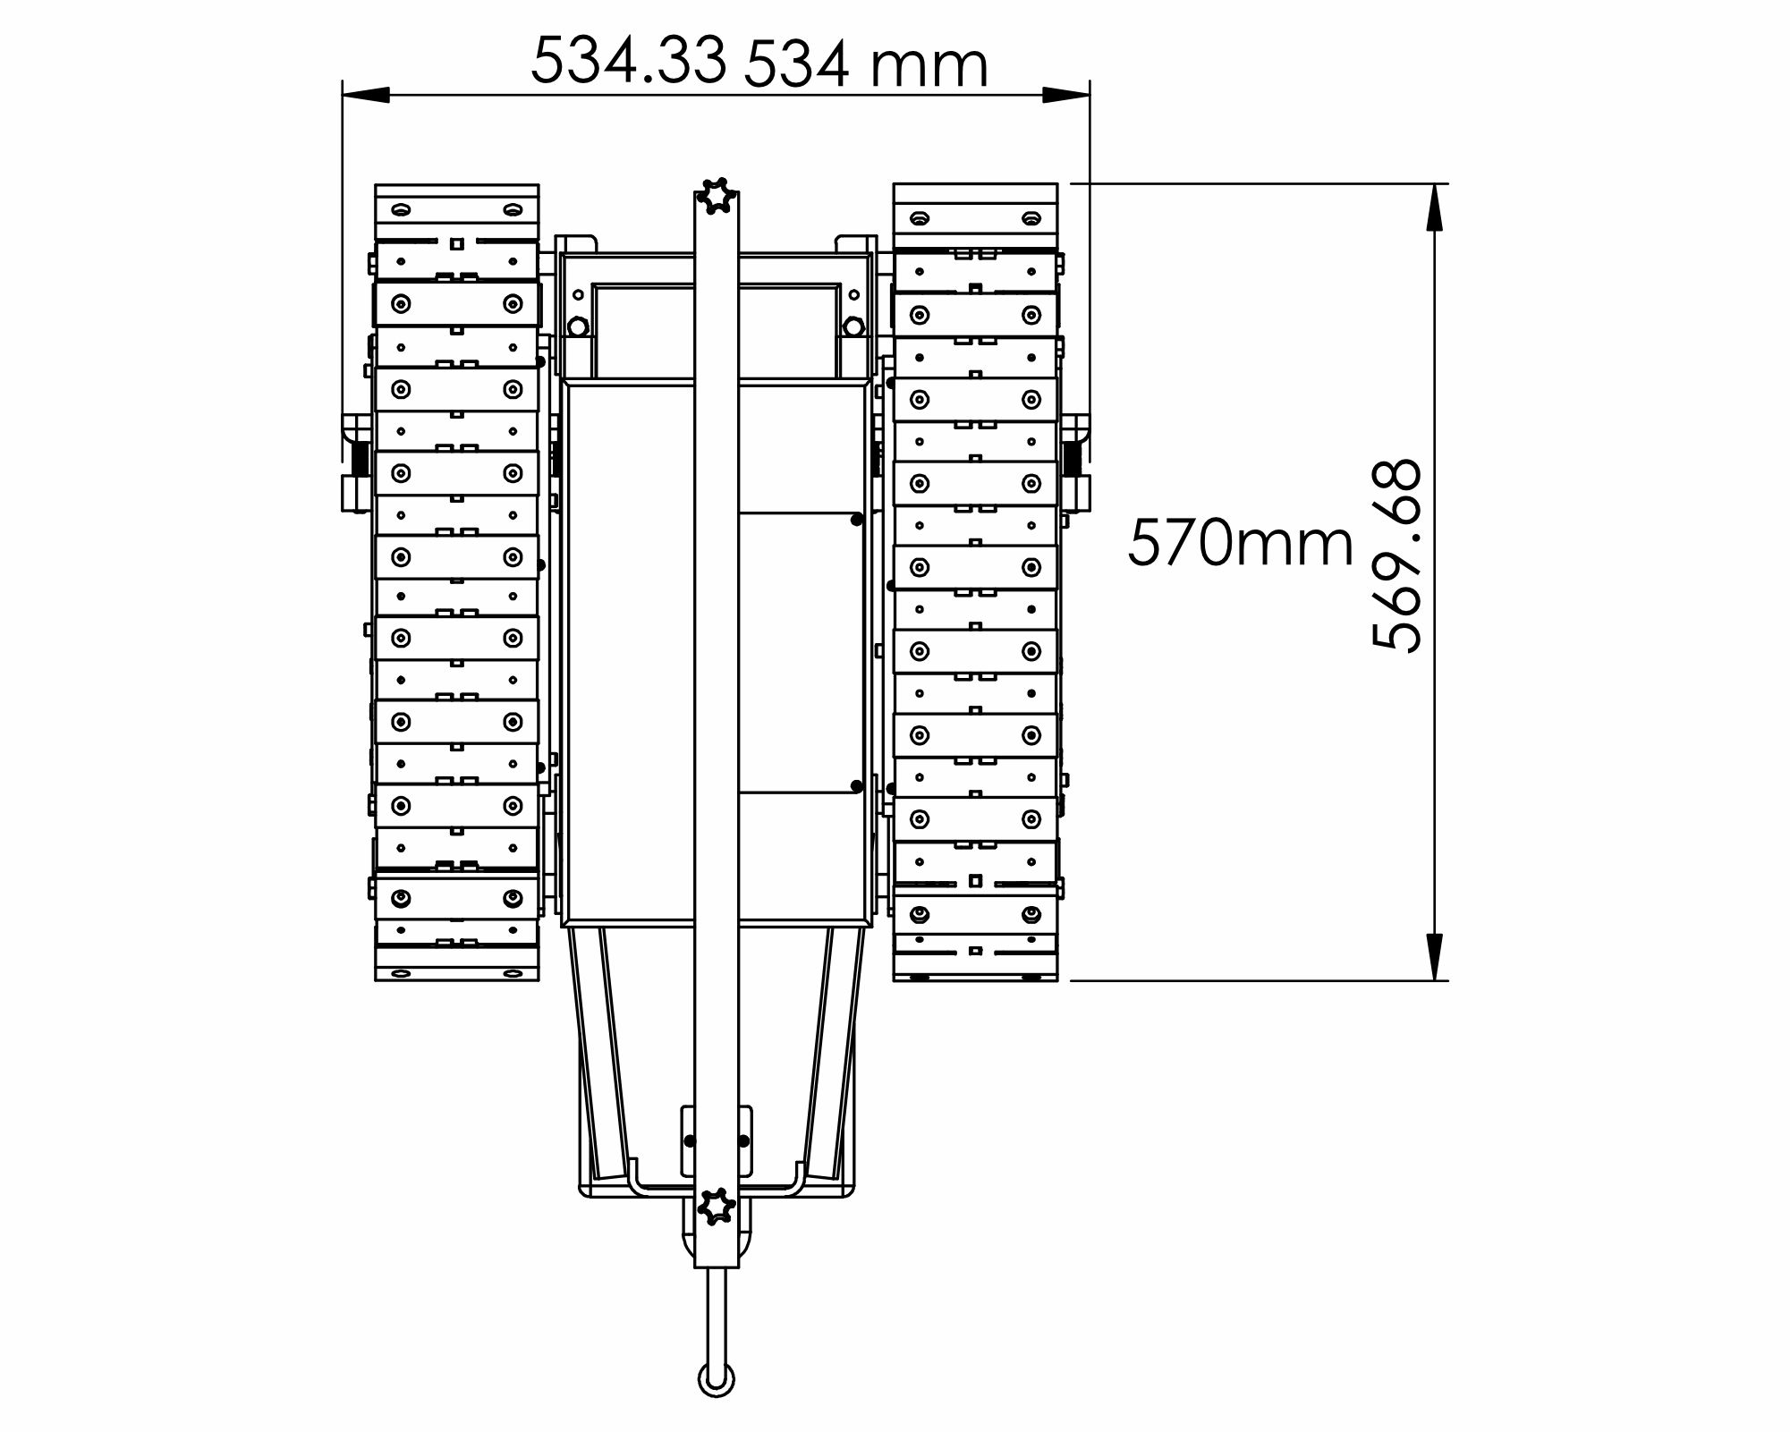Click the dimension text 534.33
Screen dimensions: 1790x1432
tap(628, 61)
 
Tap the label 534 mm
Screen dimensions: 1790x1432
tap(866, 65)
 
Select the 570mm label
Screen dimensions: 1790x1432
tap(1241, 543)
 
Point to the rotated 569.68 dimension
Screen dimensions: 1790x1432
tap(1396, 555)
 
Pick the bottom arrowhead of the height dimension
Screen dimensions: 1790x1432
tap(1434, 956)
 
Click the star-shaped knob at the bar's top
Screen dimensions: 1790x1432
tap(717, 197)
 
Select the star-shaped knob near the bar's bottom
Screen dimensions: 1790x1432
tap(717, 1207)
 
